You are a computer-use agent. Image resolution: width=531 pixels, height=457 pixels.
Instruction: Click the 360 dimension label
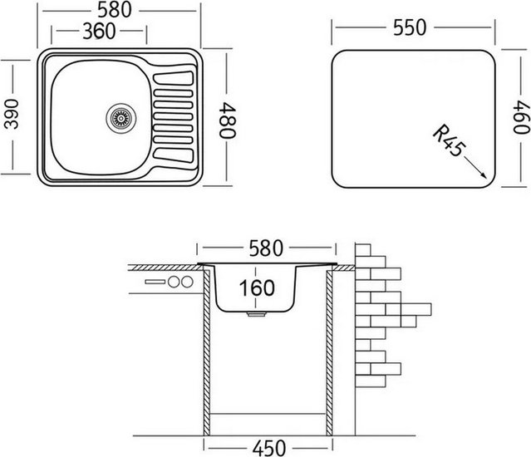coord(99,31)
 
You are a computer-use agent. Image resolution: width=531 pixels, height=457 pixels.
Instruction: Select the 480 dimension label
coord(227,120)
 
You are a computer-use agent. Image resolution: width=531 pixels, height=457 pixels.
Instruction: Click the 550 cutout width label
coord(410,27)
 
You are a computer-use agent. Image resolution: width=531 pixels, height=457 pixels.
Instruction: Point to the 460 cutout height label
coord(521,119)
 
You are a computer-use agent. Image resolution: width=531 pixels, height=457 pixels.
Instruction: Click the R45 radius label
coord(449,140)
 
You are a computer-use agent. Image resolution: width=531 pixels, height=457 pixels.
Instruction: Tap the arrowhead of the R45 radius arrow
coord(484,175)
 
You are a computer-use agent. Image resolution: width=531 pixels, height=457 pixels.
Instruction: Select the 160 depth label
coord(257,288)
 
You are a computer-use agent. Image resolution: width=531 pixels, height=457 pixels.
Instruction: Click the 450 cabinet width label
coord(269,448)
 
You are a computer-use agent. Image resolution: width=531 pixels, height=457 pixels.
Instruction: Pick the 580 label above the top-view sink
coord(115,11)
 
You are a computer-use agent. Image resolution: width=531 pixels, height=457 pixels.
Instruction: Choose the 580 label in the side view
coord(266,248)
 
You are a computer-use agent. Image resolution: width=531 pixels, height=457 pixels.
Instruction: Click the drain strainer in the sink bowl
coord(120,119)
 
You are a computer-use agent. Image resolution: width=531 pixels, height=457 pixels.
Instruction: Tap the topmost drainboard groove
coord(174,78)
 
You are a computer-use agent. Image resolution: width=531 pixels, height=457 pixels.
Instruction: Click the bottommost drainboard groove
coord(174,155)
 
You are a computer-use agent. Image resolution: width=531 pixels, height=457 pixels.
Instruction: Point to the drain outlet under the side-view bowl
coord(256,314)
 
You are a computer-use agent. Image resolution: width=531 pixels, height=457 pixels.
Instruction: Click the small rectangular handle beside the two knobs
coord(155,282)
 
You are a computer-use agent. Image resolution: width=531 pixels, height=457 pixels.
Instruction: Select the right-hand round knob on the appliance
coord(187,282)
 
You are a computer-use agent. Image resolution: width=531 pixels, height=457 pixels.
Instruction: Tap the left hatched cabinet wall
coord(207,351)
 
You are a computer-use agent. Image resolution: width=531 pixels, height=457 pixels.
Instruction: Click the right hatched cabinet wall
coord(329,353)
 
